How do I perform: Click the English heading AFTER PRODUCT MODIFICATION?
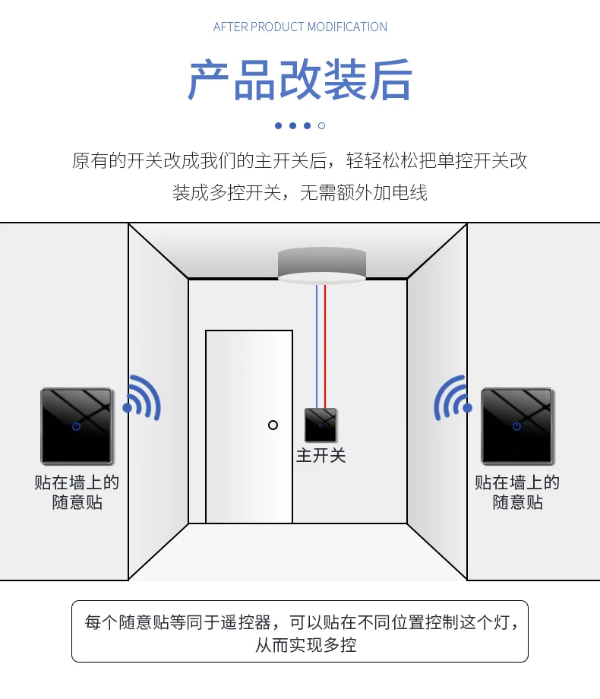point(300,27)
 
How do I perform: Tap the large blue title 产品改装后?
point(300,81)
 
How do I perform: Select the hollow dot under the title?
point(321,125)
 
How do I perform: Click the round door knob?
point(273,425)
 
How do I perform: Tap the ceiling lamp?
point(321,267)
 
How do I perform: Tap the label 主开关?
point(321,456)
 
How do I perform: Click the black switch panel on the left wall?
point(77,426)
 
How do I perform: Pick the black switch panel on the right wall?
point(517,426)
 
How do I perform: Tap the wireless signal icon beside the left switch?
point(142,400)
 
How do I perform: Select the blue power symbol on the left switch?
point(77,426)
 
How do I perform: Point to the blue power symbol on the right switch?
point(517,426)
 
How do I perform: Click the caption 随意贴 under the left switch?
point(77,502)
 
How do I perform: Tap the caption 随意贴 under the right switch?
point(517,502)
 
